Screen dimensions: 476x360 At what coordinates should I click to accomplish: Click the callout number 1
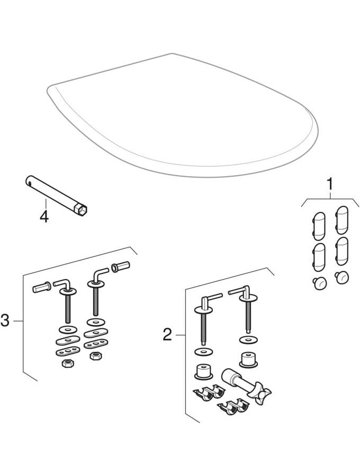click(x=330, y=185)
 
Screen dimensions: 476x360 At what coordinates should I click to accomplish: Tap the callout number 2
click(x=167, y=334)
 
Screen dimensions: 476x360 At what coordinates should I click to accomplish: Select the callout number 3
click(x=5, y=321)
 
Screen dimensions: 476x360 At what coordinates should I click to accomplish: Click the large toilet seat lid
click(x=180, y=116)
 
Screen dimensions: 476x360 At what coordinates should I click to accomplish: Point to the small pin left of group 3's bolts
click(x=42, y=288)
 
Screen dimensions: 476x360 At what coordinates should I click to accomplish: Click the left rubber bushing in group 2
click(x=202, y=371)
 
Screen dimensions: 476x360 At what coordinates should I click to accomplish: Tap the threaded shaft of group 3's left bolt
click(x=68, y=308)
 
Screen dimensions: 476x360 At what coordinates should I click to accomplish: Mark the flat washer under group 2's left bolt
click(x=202, y=351)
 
